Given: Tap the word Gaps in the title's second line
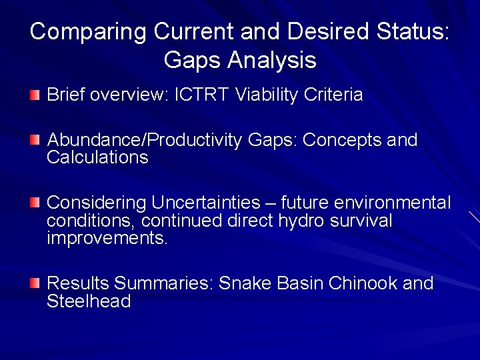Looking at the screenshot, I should (193, 61).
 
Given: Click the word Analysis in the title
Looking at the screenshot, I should (272, 61).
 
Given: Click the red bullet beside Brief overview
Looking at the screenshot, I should (35, 95).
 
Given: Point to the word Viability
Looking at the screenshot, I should (267, 95).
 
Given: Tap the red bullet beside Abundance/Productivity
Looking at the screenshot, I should (35, 141).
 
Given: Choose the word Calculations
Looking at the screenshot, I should (97, 158).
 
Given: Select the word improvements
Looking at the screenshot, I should (107, 238).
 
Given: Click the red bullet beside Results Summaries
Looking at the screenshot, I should (35, 283).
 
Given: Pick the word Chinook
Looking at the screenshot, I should (363, 283).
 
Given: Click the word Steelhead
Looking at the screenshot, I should (89, 301).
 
